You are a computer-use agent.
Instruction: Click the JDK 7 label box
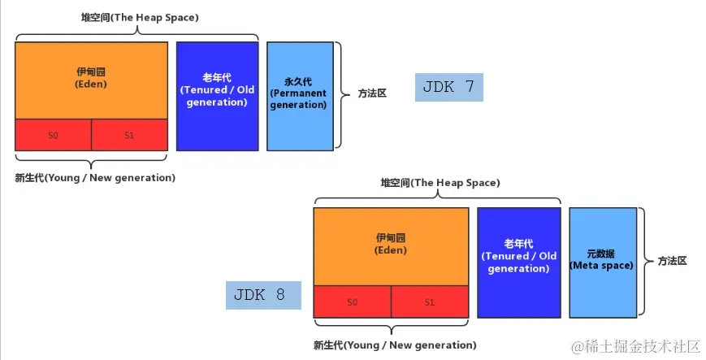[x=448, y=87]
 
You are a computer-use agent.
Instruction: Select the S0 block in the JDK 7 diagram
[x=53, y=135]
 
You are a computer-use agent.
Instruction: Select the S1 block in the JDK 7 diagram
[x=129, y=135]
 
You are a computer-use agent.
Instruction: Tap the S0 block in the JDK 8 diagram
[x=352, y=301]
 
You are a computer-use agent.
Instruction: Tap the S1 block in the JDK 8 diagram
[x=429, y=301]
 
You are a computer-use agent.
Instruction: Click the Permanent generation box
[x=299, y=96]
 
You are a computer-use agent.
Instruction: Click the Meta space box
[x=602, y=262]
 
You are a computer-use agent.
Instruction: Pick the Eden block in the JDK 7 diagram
[x=91, y=79]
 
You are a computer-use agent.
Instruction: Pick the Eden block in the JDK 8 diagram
[x=390, y=245]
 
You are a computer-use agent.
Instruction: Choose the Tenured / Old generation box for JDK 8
[x=518, y=262]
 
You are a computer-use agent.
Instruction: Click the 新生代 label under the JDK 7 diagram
[x=95, y=177]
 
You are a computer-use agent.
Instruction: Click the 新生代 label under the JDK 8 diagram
[x=395, y=345]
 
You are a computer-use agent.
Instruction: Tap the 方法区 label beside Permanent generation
[x=372, y=93]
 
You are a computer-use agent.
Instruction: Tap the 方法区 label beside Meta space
[x=672, y=261]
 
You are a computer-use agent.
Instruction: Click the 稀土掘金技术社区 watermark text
[x=636, y=347]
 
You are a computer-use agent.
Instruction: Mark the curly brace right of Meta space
[x=643, y=262]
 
